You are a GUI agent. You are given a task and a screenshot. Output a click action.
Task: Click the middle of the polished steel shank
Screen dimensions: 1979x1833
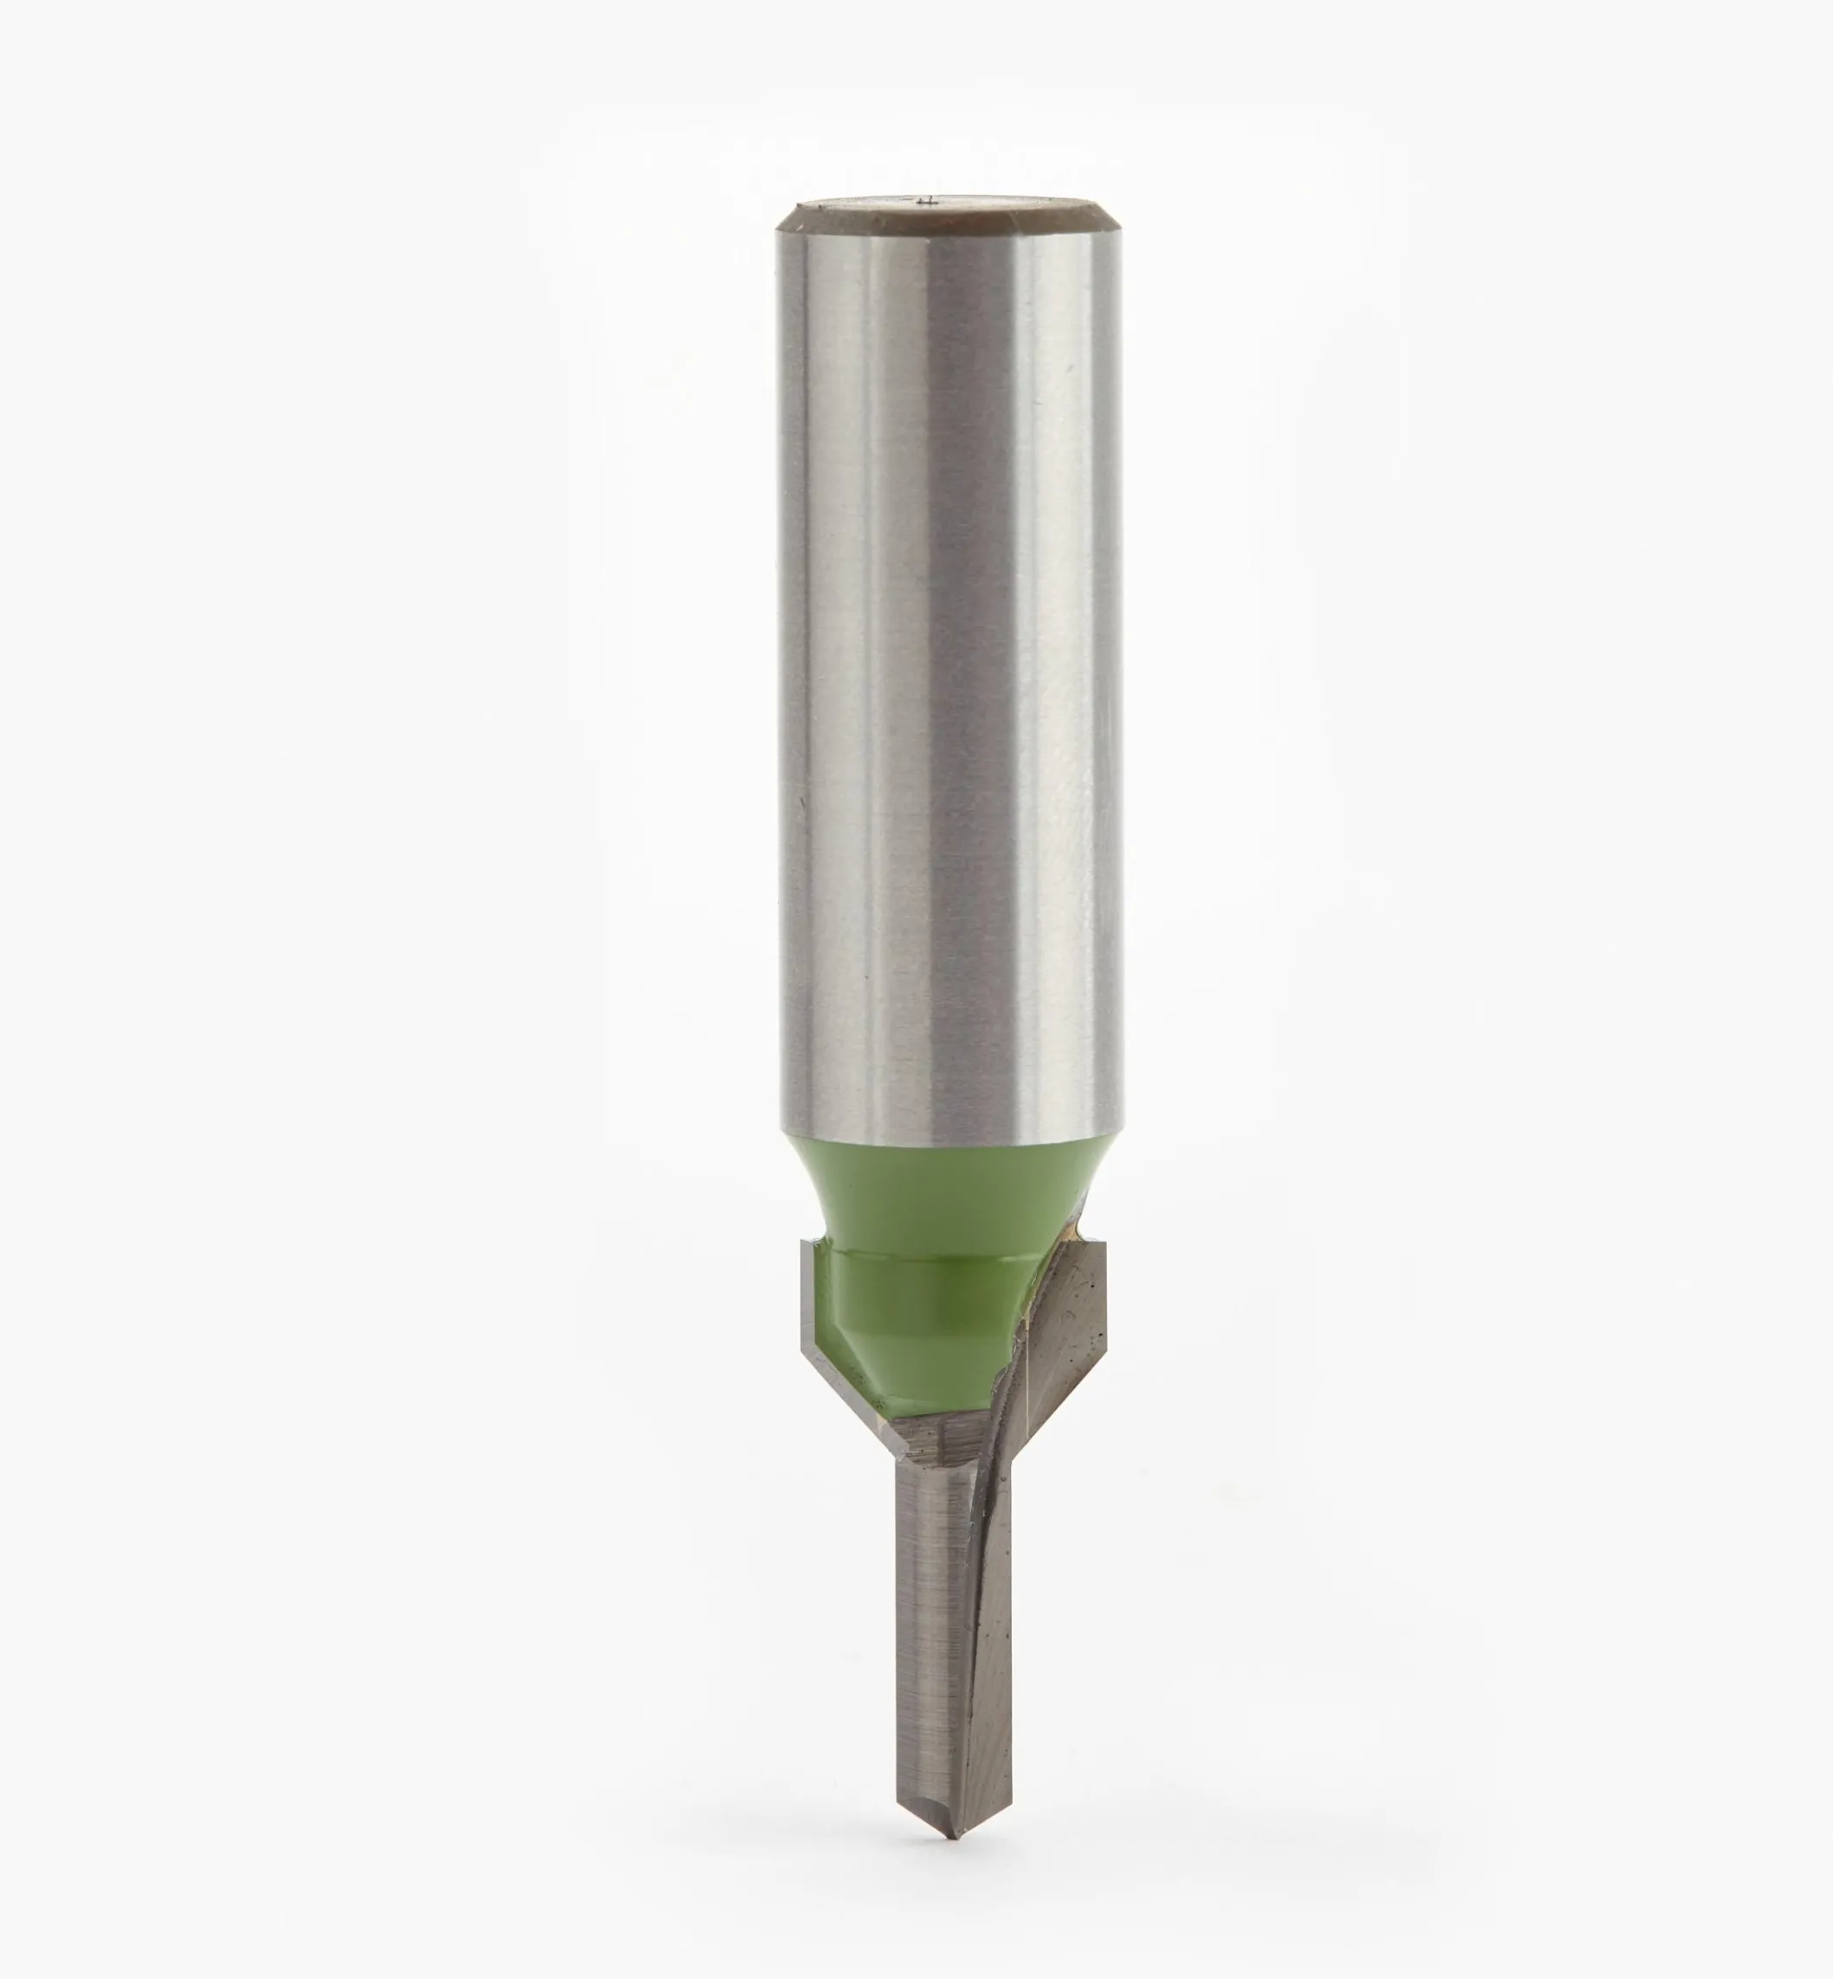coord(950,675)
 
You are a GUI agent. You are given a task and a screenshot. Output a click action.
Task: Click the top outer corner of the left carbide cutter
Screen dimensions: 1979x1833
coord(803,1242)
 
